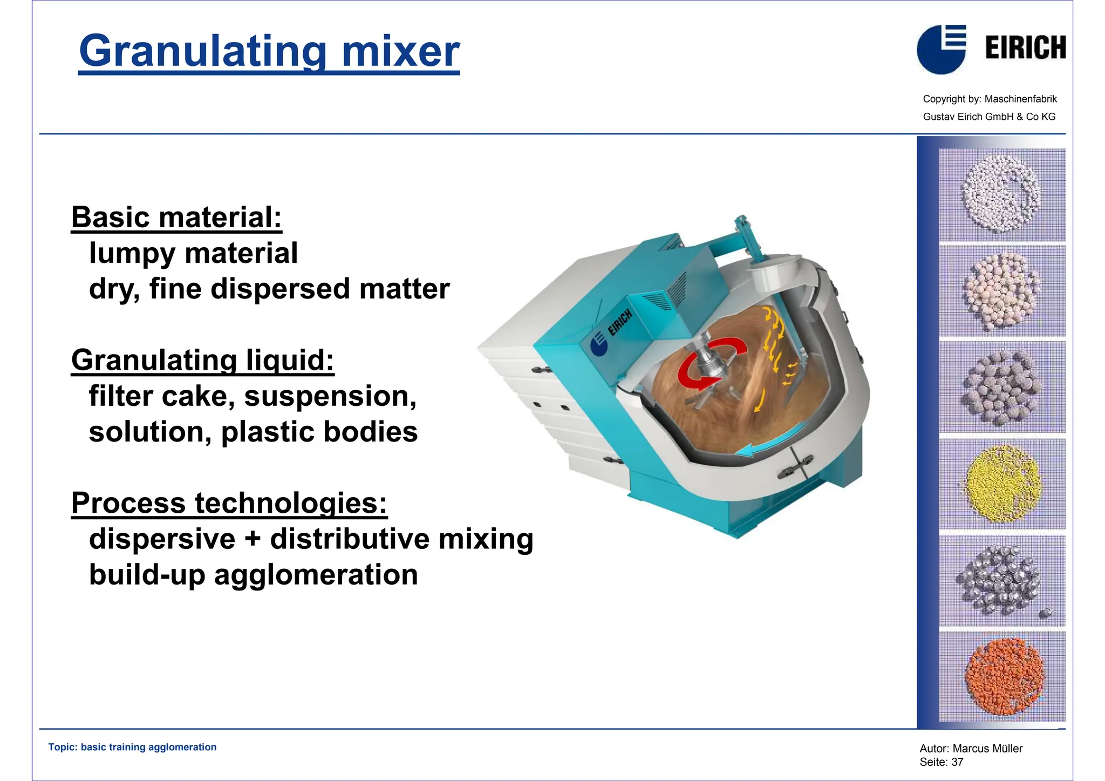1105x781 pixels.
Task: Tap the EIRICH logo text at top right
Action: tap(1025, 47)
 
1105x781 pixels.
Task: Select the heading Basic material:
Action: tap(176, 218)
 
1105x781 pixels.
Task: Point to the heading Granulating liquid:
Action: tap(202, 361)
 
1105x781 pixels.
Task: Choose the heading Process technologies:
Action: tap(229, 503)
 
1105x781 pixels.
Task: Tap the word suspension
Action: tap(330, 396)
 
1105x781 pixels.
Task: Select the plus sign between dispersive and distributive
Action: tap(253, 539)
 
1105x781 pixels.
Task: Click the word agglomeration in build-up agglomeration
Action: tap(316, 575)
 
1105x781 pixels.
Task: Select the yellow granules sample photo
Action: tap(1002, 484)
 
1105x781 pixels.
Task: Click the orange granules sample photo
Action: tap(1002, 676)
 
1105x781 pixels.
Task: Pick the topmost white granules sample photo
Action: tap(1002, 194)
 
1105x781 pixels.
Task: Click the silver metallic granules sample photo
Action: tap(1002, 581)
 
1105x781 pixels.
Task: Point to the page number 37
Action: tap(957, 762)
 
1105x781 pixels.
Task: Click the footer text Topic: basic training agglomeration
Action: tap(132, 747)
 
